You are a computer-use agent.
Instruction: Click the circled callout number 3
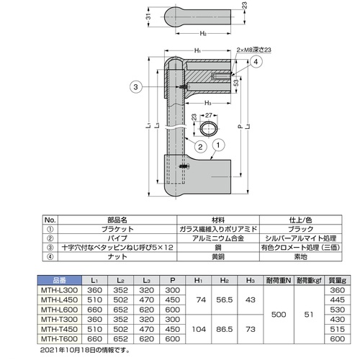pos(136,87)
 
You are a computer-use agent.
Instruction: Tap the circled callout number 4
pos(256,62)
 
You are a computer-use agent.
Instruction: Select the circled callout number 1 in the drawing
pos(218,145)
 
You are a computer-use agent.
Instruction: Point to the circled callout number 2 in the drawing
pos(200,146)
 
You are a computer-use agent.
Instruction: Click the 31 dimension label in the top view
pos(148,17)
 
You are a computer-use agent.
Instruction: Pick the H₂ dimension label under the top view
pos(203,33)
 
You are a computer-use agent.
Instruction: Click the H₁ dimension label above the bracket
pos(197,50)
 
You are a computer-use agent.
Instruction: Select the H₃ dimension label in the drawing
pos(208,103)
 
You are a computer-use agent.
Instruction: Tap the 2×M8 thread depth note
pos(253,50)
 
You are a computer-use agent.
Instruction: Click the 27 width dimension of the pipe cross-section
pos(209,115)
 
